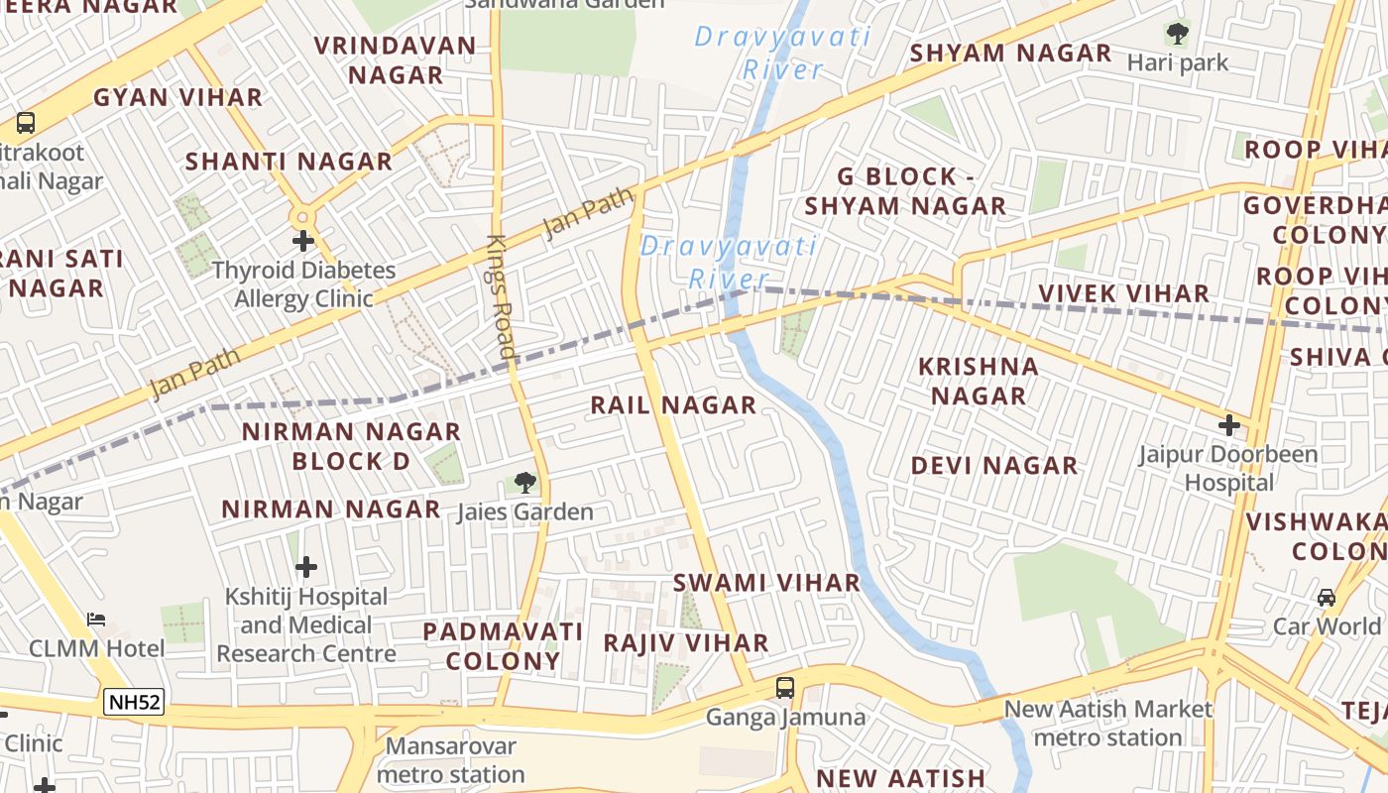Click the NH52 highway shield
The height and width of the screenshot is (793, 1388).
click(x=134, y=703)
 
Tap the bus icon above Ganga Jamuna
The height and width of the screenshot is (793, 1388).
click(x=784, y=687)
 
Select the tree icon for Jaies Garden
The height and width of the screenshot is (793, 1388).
click(x=524, y=483)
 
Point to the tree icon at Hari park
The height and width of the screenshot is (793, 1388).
click(x=1177, y=34)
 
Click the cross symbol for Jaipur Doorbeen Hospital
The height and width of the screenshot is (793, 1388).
click(x=1229, y=425)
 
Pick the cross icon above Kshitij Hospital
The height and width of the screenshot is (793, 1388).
click(x=306, y=567)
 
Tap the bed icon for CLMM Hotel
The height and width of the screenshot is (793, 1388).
click(x=96, y=620)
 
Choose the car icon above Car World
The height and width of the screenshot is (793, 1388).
click(x=1326, y=597)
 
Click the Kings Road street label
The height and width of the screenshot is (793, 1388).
click(x=502, y=297)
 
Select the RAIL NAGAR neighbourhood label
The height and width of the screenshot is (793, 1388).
click(x=673, y=404)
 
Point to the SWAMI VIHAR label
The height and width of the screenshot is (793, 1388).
click(x=766, y=583)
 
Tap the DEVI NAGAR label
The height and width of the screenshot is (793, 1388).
click(x=993, y=465)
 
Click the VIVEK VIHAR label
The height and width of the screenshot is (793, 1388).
click(x=1123, y=293)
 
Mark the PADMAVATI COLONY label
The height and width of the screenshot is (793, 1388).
click(x=503, y=645)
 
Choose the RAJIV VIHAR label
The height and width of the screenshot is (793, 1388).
click(x=686, y=642)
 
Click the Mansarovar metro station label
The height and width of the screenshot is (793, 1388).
click(x=451, y=759)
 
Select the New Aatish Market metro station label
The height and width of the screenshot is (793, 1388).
click(x=1107, y=723)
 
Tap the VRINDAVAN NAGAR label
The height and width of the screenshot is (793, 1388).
click(x=396, y=60)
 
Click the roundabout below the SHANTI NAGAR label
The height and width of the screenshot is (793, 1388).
click(x=301, y=215)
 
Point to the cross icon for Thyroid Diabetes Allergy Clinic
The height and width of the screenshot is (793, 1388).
click(x=303, y=241)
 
